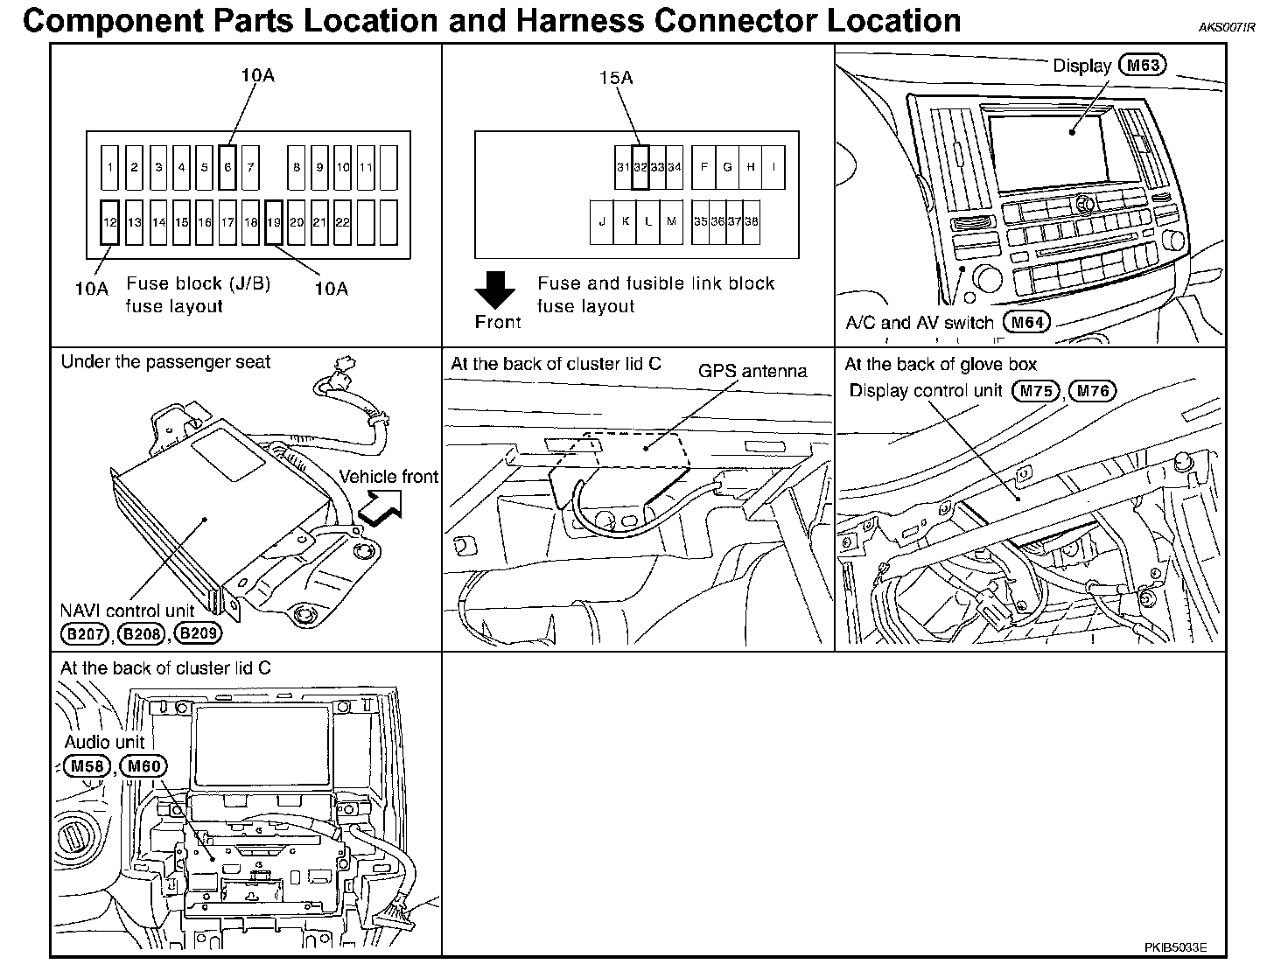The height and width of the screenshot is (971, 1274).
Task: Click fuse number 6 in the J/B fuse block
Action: point(227,167)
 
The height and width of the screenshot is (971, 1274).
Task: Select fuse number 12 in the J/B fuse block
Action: point(109,222)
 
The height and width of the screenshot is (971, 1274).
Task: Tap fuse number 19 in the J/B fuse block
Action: point(273,222)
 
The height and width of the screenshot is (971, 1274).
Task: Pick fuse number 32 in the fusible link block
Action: point(640,167)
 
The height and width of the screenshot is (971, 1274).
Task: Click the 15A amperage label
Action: point(615,78)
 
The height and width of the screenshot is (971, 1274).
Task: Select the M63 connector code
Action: point(1144,65)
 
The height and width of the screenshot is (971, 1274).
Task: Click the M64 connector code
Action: point(1026,322)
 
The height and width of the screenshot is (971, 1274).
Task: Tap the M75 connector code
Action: point(1035,391)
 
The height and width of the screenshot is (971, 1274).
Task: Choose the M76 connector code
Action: point(1093,391)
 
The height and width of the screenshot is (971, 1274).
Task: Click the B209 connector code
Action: point(198,633)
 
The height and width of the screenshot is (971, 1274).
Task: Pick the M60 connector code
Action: point(144,767)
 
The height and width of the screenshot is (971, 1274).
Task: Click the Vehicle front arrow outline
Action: point(380,506)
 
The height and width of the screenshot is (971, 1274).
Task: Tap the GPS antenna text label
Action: point(752,371)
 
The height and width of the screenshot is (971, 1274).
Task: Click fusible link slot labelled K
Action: point(625,221)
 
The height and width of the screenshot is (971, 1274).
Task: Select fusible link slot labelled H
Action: point(750,167)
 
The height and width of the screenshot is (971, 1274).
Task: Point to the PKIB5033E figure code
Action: point(1175,947)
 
